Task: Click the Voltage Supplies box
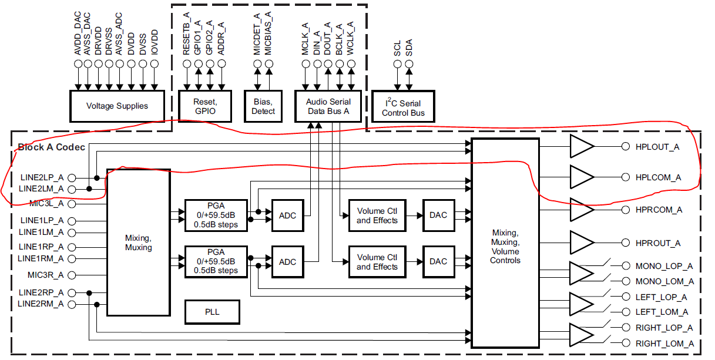[117, 106]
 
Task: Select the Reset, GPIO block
[204, 106]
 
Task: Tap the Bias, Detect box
[263, 106]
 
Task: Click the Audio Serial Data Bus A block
[328, 106]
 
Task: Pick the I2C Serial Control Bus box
[403, 107]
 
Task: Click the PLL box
[212, 312]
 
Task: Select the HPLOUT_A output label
[657, 147]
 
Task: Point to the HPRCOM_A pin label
[659, 210]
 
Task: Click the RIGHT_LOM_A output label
[664, 344]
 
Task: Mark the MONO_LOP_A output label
[664, 266]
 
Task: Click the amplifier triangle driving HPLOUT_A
[581, 147]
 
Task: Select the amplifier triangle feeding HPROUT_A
[581, 243]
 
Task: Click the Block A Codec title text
[52, 147]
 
